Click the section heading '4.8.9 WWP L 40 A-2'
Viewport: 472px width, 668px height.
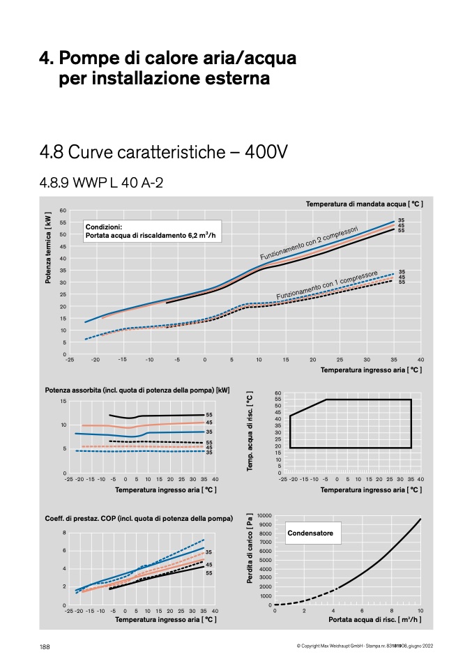(101, 183)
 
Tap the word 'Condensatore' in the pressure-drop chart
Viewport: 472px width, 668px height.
(310, 533)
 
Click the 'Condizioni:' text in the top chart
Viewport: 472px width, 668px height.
(103, 227)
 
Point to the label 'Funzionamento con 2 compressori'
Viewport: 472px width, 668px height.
(309, 243)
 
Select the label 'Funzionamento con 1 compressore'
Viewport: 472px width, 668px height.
(327, 284)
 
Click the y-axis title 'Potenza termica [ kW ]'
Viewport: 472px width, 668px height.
(48, 248)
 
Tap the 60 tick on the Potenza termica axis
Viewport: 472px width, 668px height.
(63, 211)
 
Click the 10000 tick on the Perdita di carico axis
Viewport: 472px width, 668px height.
(264, 515)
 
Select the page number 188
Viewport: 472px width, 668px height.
(45, 646)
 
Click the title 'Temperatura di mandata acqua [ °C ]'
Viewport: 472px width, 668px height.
(364, 204)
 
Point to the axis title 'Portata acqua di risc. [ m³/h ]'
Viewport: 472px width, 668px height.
(375, 619)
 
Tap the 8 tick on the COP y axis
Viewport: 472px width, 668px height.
(64, 533)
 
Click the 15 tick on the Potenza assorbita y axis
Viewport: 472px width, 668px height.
(63, 401)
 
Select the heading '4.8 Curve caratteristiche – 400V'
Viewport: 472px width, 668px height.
(164, 152)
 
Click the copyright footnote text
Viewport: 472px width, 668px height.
(365, 646)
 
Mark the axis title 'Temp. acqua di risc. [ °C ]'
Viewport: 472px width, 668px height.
(250, 431)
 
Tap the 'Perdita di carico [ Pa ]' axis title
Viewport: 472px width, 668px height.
(250, 548)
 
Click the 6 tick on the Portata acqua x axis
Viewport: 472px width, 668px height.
(362, 611)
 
